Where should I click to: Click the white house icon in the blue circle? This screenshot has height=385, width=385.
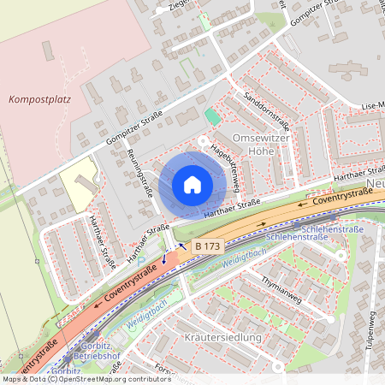pyautogui.click(x=192, y=185)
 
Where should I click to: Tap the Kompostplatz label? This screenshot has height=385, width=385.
pyautogui.click(x=38, y=99)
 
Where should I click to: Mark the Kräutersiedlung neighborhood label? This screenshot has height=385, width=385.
pyautogui.click(x=222, y=338)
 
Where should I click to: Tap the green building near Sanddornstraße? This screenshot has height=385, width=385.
pyautogui.click(x=211, y=116)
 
